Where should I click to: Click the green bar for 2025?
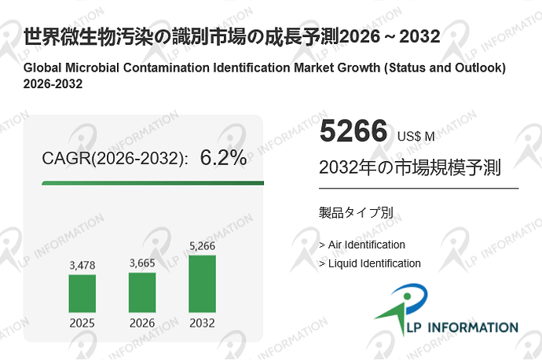[x=82, y=293]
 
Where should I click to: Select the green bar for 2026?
[x=142, y=292]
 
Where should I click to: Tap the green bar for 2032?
[x=202, y=284]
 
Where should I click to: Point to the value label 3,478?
[x=82, y=266]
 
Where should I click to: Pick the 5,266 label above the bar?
[x=202, y=247]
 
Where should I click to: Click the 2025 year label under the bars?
[x=82, y=322]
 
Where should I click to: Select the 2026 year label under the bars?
[x=142, y=322]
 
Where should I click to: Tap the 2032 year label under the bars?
[x=202, y=322]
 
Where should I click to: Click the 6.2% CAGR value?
[x=223, y=158]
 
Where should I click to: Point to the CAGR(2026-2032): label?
[x=115, y=159]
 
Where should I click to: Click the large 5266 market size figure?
[x=353, y=131]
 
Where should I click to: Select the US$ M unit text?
[x=416, y=136]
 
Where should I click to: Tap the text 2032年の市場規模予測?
[x=410, y=168]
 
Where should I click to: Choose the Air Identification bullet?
[x=362, y=244]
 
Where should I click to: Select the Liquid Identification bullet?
[x=370, y=263]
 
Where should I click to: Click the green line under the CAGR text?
[x=152, y=183]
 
